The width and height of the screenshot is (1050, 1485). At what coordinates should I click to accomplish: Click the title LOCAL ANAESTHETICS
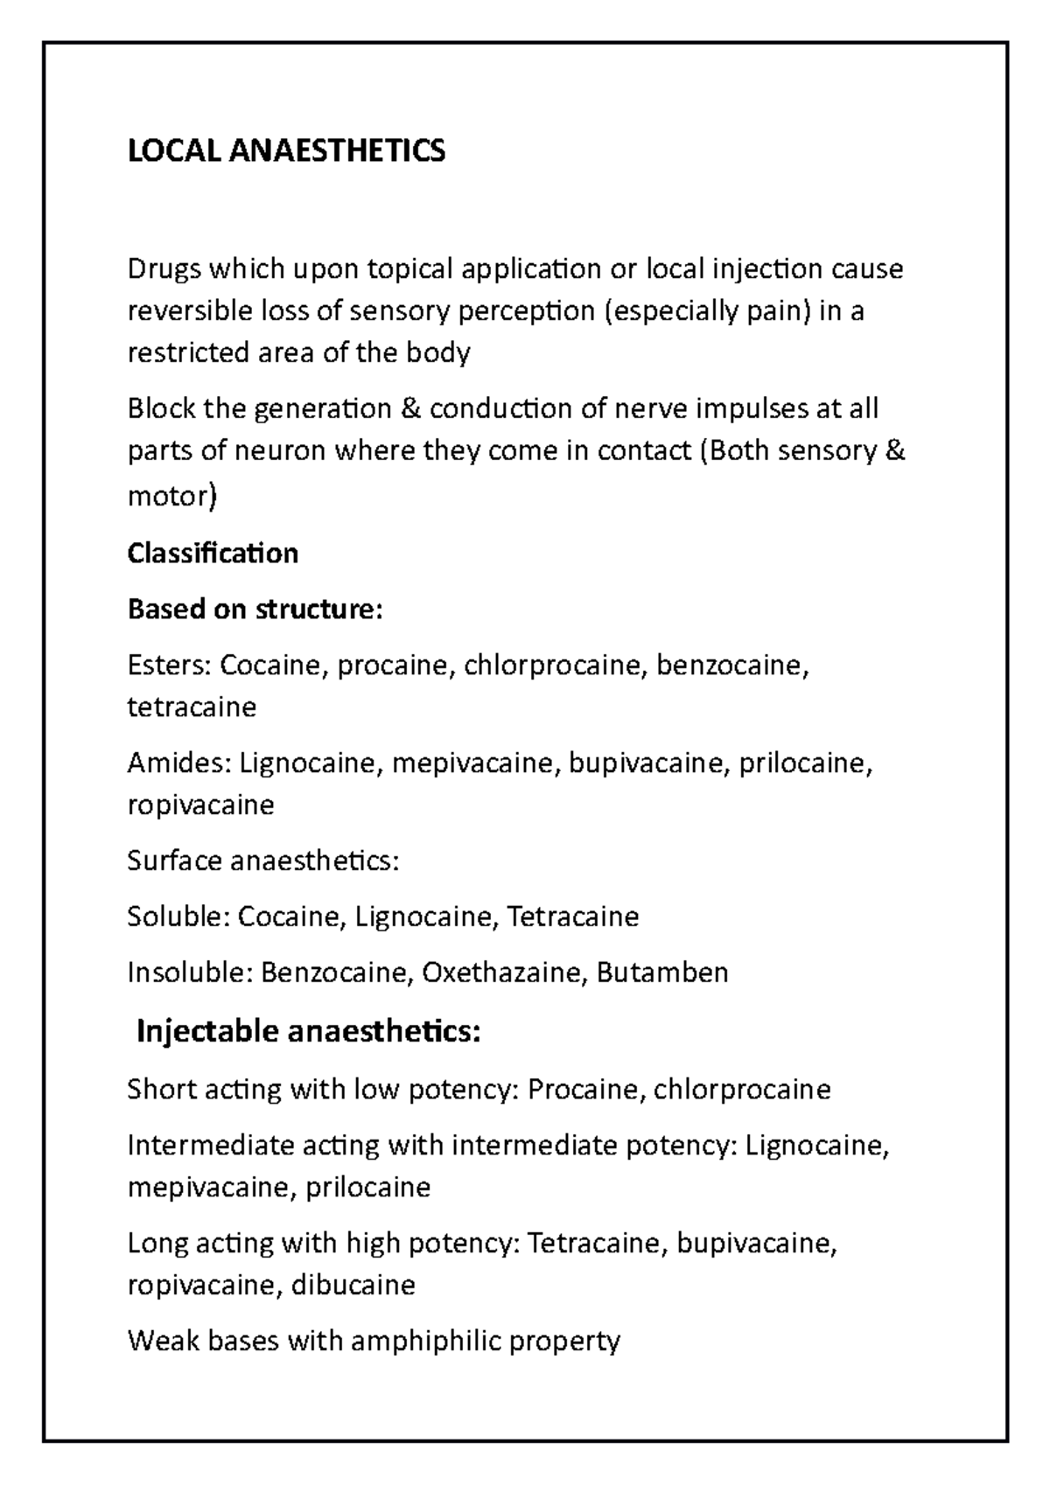pos(286,151)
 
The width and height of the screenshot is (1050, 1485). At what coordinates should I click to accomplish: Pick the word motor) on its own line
pos(171,496)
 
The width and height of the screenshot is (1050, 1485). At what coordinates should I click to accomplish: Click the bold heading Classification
pos(213,553)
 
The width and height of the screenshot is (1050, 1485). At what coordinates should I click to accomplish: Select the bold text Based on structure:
pos(255,609)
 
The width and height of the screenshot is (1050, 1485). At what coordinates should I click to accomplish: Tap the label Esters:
pos(169,666)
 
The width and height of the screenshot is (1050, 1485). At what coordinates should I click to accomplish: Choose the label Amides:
pos(178,763)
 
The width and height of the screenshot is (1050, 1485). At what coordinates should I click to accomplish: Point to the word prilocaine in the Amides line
pos(805,763)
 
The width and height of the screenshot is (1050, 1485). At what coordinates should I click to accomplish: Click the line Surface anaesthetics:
pos(262,861)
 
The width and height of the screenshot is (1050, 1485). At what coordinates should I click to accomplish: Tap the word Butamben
pos(661,973)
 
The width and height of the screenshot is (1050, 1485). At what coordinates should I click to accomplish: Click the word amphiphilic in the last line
pos(425,1341)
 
